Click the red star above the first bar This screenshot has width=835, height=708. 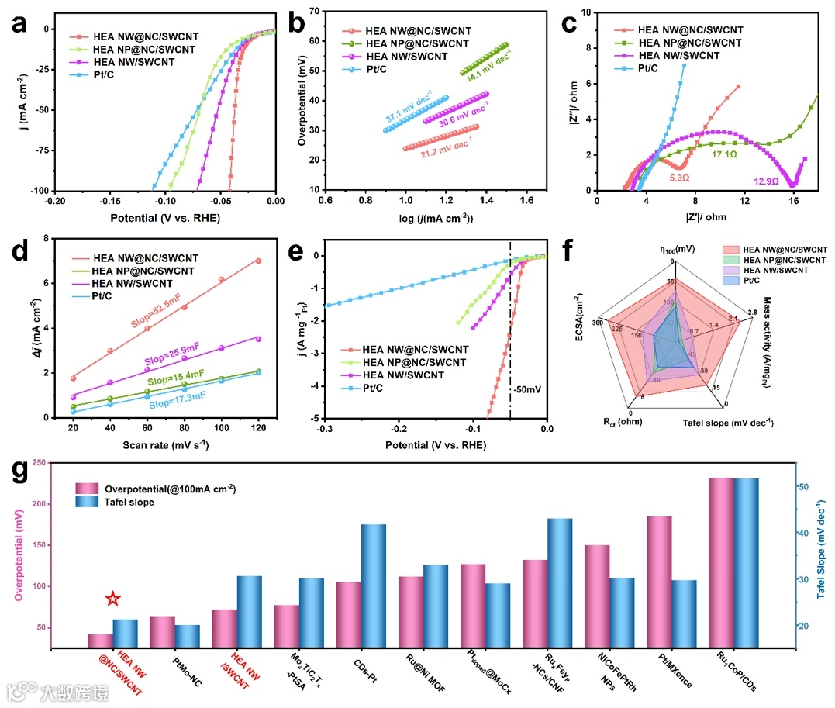(113, 599)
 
